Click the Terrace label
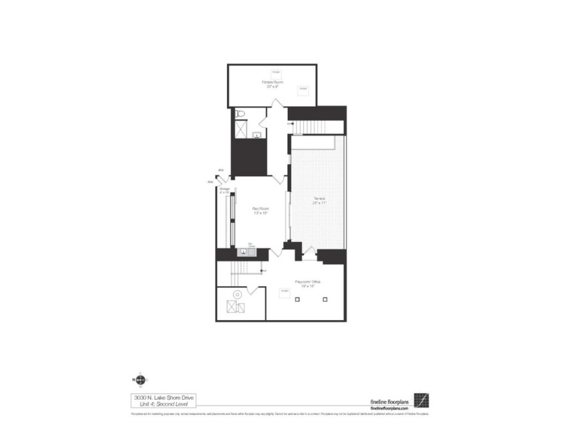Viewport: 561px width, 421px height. (x=319, y=199)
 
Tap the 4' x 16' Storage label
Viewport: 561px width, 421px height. (x=224, y=190)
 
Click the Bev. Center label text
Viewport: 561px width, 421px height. (x=252, y=245)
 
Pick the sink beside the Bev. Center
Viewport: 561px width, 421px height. (x=243, y=252)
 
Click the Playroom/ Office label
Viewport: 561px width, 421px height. (x=308, y=282)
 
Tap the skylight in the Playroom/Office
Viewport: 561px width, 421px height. (x=285, y=291)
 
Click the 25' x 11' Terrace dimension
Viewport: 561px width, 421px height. (x=319, y=204)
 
